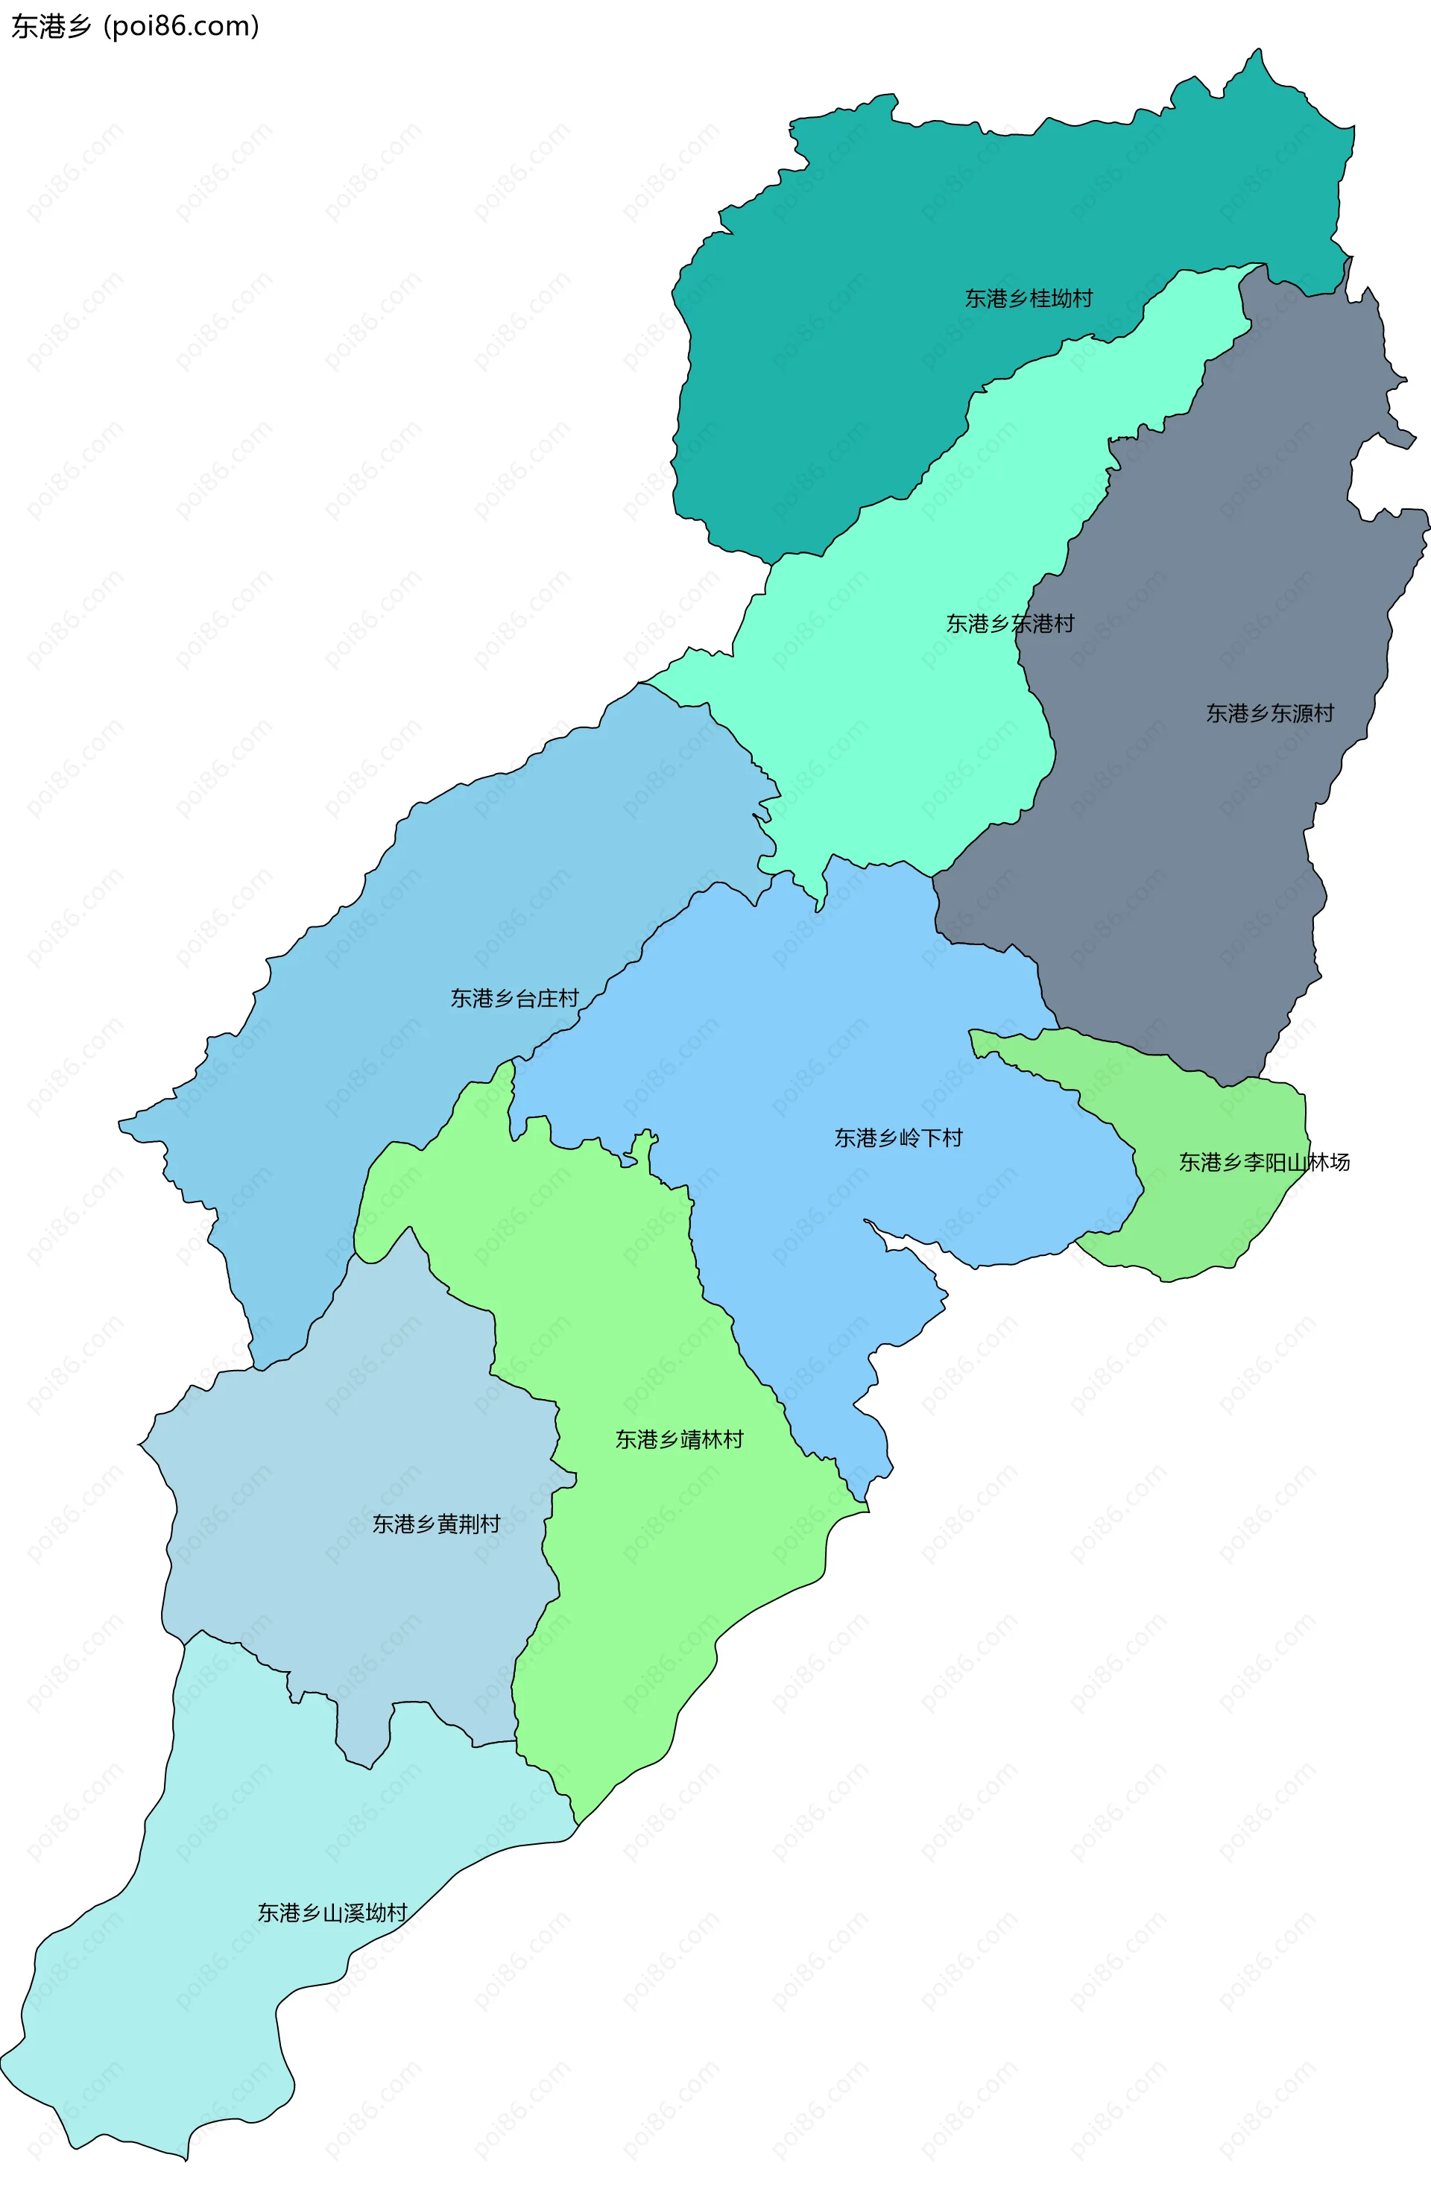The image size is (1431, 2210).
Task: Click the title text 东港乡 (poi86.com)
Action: click(135, 26)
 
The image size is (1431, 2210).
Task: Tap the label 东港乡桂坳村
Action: click(1028, 298)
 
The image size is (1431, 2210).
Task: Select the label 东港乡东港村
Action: click(1009, 623)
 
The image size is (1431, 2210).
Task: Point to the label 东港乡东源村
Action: click(1269, 713)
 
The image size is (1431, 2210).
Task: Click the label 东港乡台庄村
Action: click(514, 997)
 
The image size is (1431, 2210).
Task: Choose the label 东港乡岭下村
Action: click(898, 1137)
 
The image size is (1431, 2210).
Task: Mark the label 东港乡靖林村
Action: click(679, 1439)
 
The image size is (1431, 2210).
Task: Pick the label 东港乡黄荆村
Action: click(435, 1524)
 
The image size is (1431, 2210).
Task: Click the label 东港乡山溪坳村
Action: click(332, 1913)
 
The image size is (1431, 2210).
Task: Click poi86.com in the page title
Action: click(181, 26)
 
